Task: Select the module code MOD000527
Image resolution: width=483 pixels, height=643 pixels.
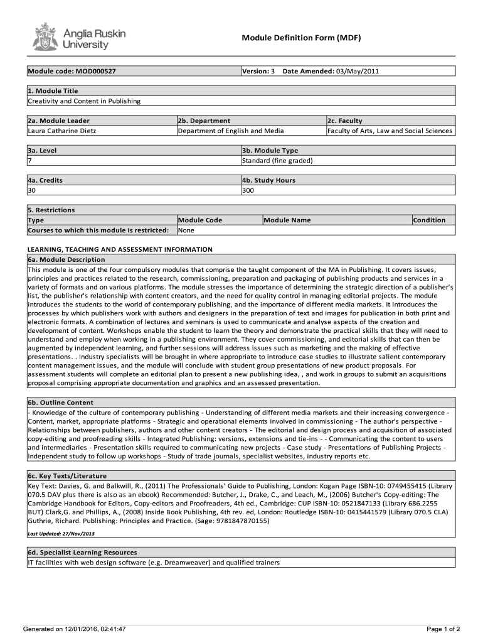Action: click(93, 71)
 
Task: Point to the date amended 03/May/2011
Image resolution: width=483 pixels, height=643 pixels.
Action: click(358, 71)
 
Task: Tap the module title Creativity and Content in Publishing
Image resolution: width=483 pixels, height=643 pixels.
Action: click(84, 101)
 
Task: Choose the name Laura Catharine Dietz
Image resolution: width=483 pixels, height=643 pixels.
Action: click(61, 131)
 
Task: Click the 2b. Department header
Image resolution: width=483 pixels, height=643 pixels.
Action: click(204, 121)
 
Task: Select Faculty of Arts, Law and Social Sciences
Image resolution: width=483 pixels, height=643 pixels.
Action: click(390, 131)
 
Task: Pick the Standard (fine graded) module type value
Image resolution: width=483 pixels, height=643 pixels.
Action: click(277, 160)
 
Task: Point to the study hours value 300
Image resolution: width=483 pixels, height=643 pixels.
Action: click(248, 190)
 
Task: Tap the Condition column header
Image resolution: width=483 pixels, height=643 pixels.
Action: click(429, 220)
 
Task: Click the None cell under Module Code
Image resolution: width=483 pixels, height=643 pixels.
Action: click(186, 230)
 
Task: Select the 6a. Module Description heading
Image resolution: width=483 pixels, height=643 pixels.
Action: click(66, 259)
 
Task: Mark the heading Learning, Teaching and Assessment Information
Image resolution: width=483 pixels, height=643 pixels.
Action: click(120, 249)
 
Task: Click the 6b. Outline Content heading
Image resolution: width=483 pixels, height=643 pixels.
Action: click(60, 403)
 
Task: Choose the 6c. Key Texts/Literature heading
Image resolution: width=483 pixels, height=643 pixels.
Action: click(67, 475)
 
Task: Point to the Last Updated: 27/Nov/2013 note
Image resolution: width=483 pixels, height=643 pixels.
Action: click(60, 534)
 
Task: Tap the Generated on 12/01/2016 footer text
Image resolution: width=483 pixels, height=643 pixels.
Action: click(74, 629)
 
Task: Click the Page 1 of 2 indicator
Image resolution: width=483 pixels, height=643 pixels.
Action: click(443, 629)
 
